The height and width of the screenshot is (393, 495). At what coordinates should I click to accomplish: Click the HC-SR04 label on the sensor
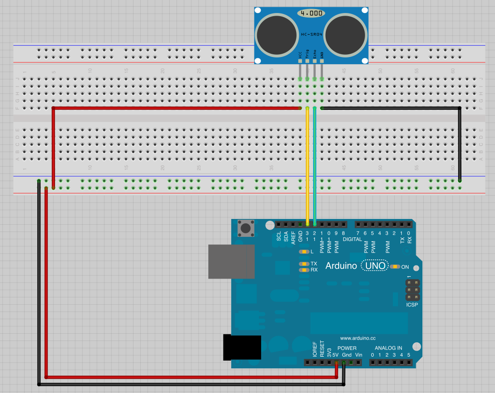pyautogui.click(x=311, y=35)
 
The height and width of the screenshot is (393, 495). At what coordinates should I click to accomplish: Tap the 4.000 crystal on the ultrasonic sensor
pyautogui.click(x=311, y=13)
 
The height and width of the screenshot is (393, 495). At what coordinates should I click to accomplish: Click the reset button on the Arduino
pyautogui.click(x=245, y=228)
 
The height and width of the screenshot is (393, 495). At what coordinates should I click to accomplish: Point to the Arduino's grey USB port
pyautogui.click(x=231, y=262)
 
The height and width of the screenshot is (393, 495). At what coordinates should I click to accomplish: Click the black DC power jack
pyautogui.click(x=242, y=347)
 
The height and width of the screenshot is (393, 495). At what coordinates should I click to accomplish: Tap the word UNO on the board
pyautogui.click(x=375, y=266)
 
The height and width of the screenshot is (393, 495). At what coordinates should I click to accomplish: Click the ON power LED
pyautogui.click(x=394, y=267)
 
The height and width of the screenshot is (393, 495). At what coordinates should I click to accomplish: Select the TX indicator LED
pyautogui.click(x=304, y=264)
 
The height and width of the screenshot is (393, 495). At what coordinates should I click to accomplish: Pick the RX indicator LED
pyautogui.click(x=304, y=270)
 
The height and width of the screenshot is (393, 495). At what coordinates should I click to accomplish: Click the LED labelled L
pyautogui.click(x=304, y=252)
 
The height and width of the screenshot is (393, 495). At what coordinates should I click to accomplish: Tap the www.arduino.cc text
pyautogui.click(x=357, y=338)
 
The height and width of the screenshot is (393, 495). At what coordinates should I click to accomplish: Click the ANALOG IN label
pyautogui.click(x=388, y=348)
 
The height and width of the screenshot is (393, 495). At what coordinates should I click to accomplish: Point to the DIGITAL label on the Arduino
pyautogui.click(x=352, y=239)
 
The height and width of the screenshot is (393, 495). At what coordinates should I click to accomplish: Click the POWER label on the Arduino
pyautogui.click(x=347, y=348)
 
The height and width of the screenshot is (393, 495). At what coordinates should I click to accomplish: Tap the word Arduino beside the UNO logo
pyautogui.click(x=341, y=266)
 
